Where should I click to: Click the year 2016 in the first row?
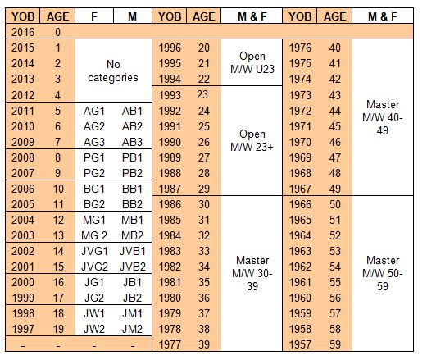(x=23, y=32)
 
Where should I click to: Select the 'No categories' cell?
(x=113, y=71)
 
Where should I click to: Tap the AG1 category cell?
(x=94, y=111)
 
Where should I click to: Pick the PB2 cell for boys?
(x=132, y=173)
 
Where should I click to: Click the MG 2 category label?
(x=94, y=235)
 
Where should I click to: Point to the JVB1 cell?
(x=133, y=251)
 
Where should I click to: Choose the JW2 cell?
(x=94, y=329)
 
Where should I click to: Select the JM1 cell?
(x=132, y=313)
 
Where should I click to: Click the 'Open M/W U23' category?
(x=252, y=62)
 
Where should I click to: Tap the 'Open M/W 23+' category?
(x=252, y=140)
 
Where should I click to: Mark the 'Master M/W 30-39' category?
(x=252, y=273)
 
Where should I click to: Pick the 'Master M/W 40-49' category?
(x=383, y=117)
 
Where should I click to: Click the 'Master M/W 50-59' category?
(x=383, y=273)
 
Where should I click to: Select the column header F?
(x=94, y=16)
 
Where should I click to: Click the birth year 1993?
(x=170, y=95)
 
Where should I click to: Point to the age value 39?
(x=204, y=344)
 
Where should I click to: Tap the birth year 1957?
(x=300, y=344)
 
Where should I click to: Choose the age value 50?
(x=335, y=204)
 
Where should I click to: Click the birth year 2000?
(x=23, y=282)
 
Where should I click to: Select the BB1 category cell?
(x=132, y=189)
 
